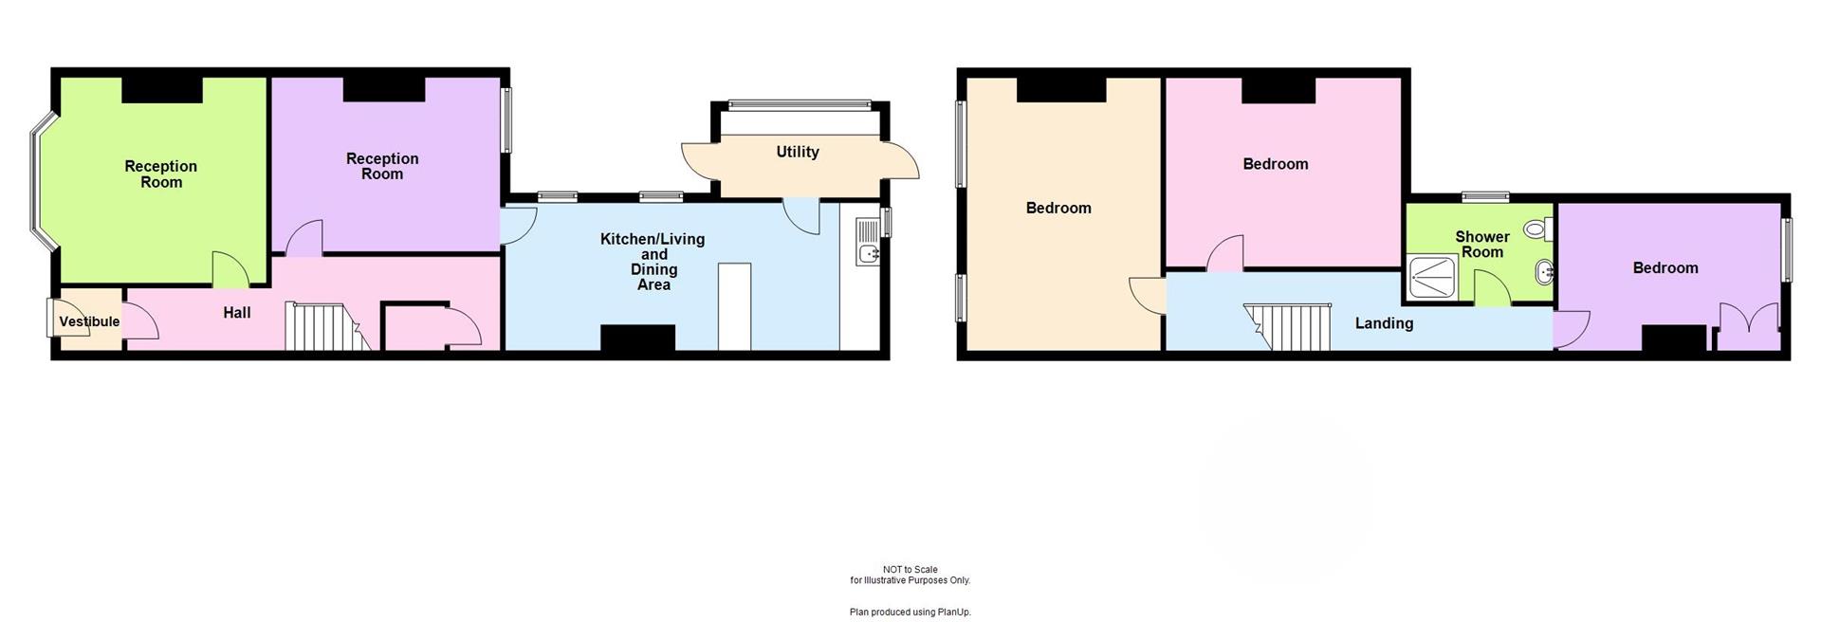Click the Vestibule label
coord(89,321)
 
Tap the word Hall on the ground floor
coord(237,312)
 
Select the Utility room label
coord(797,152)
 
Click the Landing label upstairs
coord(1384,323)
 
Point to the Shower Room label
coord(1481,244)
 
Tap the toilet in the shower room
coord(1536,229)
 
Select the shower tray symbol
coord(1432,279)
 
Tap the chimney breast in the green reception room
coord(162,90)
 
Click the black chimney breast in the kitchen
coord(637,338)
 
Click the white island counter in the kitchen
coord(734,306)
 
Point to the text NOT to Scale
coord(910,570)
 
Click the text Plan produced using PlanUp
coord(910,613)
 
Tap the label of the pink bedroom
coord(1275,164)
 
